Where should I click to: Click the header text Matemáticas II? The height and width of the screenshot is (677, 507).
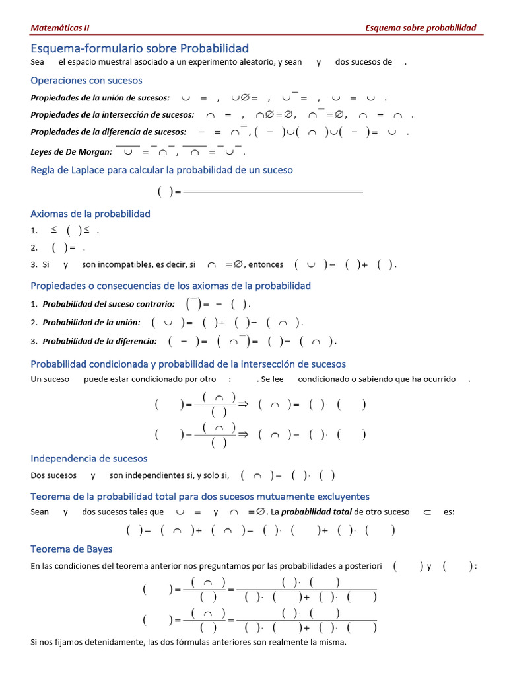point(60,28)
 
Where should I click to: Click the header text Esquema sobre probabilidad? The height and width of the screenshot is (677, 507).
point(421,28)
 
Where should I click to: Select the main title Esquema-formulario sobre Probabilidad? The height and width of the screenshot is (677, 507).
point(140,48)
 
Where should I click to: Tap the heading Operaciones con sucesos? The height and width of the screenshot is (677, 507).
point(86,80)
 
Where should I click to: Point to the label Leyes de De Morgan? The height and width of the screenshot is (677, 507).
point(71,151)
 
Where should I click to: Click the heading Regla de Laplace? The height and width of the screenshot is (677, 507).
point(162,170)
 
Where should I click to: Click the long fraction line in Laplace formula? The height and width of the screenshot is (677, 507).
point(273,192)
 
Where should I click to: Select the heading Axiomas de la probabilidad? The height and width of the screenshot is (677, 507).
point(90,214)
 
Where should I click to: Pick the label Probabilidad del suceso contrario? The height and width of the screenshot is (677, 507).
point(108,304)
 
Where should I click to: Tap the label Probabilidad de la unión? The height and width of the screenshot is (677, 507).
point(91,322)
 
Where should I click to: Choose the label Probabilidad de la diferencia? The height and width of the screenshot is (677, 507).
point(100,341)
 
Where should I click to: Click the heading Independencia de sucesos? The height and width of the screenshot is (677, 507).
point(89,458)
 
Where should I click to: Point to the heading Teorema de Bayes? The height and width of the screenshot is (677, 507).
point(71,549)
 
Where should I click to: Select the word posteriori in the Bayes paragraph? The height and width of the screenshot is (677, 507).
point(363,566)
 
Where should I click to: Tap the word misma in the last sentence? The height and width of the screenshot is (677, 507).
point(333,642)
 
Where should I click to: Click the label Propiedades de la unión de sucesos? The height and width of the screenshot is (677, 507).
point(100,97)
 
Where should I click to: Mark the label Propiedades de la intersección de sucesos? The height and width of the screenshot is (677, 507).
point(112,114)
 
